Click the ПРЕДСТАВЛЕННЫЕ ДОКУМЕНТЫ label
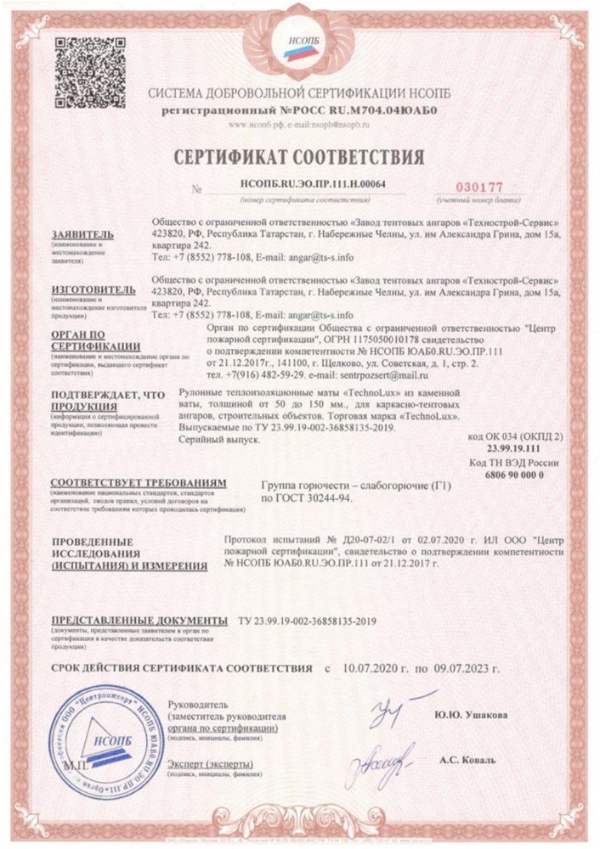(139, 621)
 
